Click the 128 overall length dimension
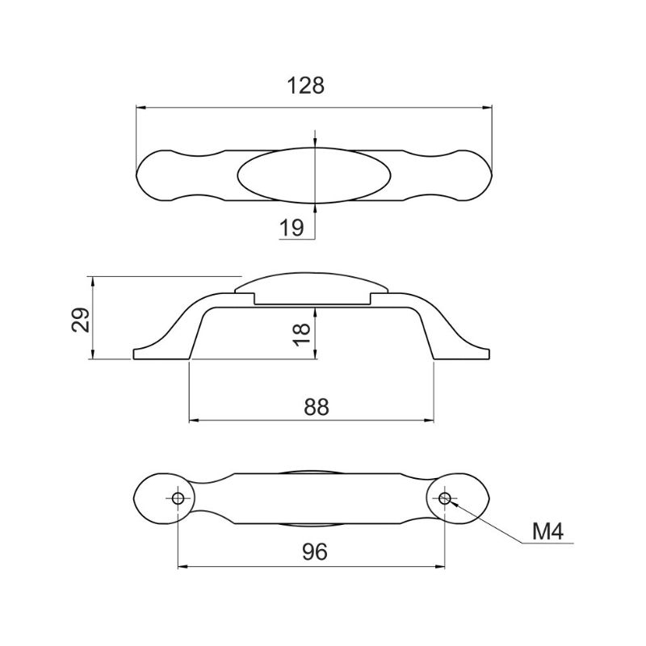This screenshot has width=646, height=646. click(x=305, y=86)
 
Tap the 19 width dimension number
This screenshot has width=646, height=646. click(x=292, y=228)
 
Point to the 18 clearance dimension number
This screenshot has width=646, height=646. click(x=303, y=335)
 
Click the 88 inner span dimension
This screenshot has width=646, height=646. click(x=317, y=407)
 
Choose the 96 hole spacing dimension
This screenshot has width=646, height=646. click(x=315, y=552)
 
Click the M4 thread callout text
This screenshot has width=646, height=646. click(x=547, y=531)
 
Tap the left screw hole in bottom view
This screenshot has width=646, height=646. click(x=178, y=498)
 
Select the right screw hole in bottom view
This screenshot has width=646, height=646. click(x=444, y=498)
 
